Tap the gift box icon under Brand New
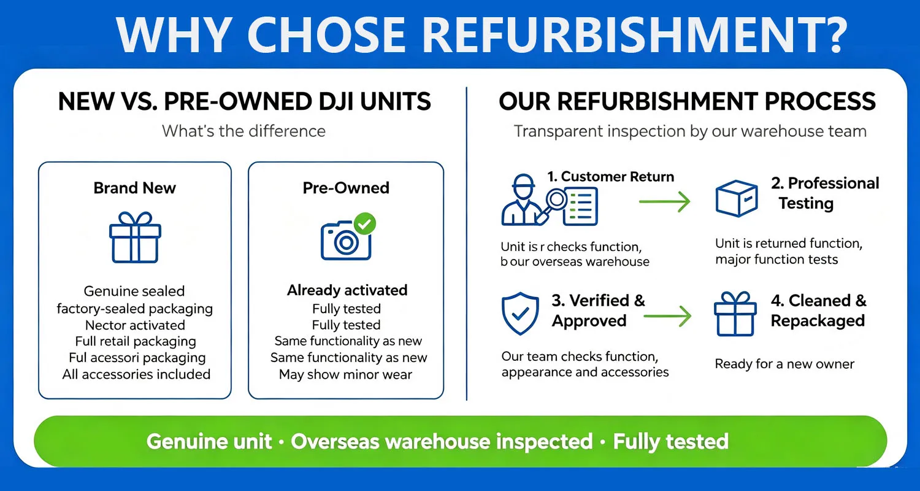coord(135,238)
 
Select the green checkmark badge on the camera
coord(365,223)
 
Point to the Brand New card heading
coord(135,188)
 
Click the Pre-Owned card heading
coord(346,188)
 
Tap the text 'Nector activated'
coord(135,325)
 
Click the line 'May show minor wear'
coord(345,374)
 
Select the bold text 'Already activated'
coord(347,290)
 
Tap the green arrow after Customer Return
coord(664,202)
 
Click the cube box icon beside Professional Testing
coord(737,198)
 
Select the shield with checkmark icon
coord(520,314)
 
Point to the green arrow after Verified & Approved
coord(667,316)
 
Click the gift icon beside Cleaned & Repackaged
coord(735,314)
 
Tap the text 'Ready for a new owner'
coord(784,363)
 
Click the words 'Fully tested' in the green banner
coord(671,442)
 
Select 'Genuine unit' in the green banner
coord(209,442)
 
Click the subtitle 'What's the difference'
coord(243,131)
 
